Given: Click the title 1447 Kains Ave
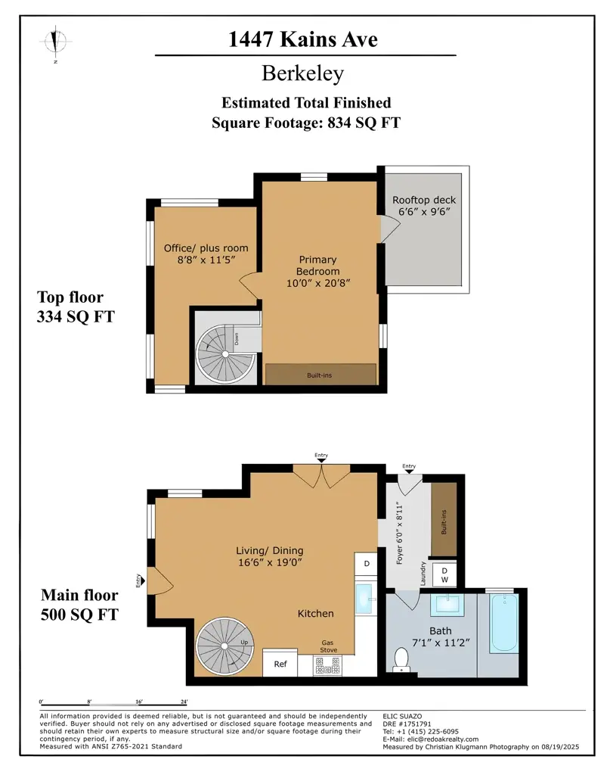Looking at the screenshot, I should tap(303, 39).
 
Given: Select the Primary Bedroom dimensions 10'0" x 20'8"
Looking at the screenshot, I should tap(318, 282).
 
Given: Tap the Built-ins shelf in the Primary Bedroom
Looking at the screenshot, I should tap(320, 375).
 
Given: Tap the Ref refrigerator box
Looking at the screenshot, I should tap(280, 664).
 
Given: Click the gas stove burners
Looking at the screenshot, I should tap(330, 666).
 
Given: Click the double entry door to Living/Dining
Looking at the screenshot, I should tap(321, 475).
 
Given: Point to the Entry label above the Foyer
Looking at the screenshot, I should tap(409, 466).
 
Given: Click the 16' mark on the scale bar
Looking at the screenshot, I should tap(138, 704).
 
